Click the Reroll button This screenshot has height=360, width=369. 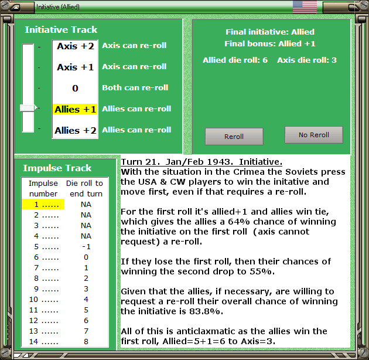(234, 137)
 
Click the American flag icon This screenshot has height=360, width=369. (305, 7)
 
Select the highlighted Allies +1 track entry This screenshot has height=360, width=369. (75, 109)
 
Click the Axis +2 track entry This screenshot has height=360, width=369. (76, 46)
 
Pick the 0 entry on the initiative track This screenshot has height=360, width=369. (75, 88)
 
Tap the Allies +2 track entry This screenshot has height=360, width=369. (76, 130)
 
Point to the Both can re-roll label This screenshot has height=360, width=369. (135, 87)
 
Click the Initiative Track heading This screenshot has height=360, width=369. (61, 30)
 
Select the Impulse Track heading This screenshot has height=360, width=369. (57, 168)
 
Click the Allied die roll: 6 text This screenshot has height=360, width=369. (235, 60)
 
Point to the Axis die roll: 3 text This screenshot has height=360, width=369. (307, 60)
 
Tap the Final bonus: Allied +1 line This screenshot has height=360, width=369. (270, 43)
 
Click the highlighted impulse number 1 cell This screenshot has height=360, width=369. (43, 204)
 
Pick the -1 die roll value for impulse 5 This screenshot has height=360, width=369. (86, 247)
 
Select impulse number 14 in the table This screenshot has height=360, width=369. (33, 341)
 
